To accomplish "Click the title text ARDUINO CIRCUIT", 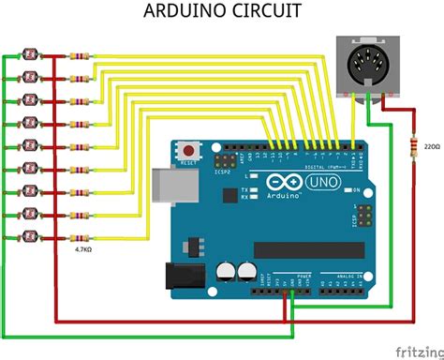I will tap(221, 12).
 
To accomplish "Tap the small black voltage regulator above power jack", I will tap(196, 244).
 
